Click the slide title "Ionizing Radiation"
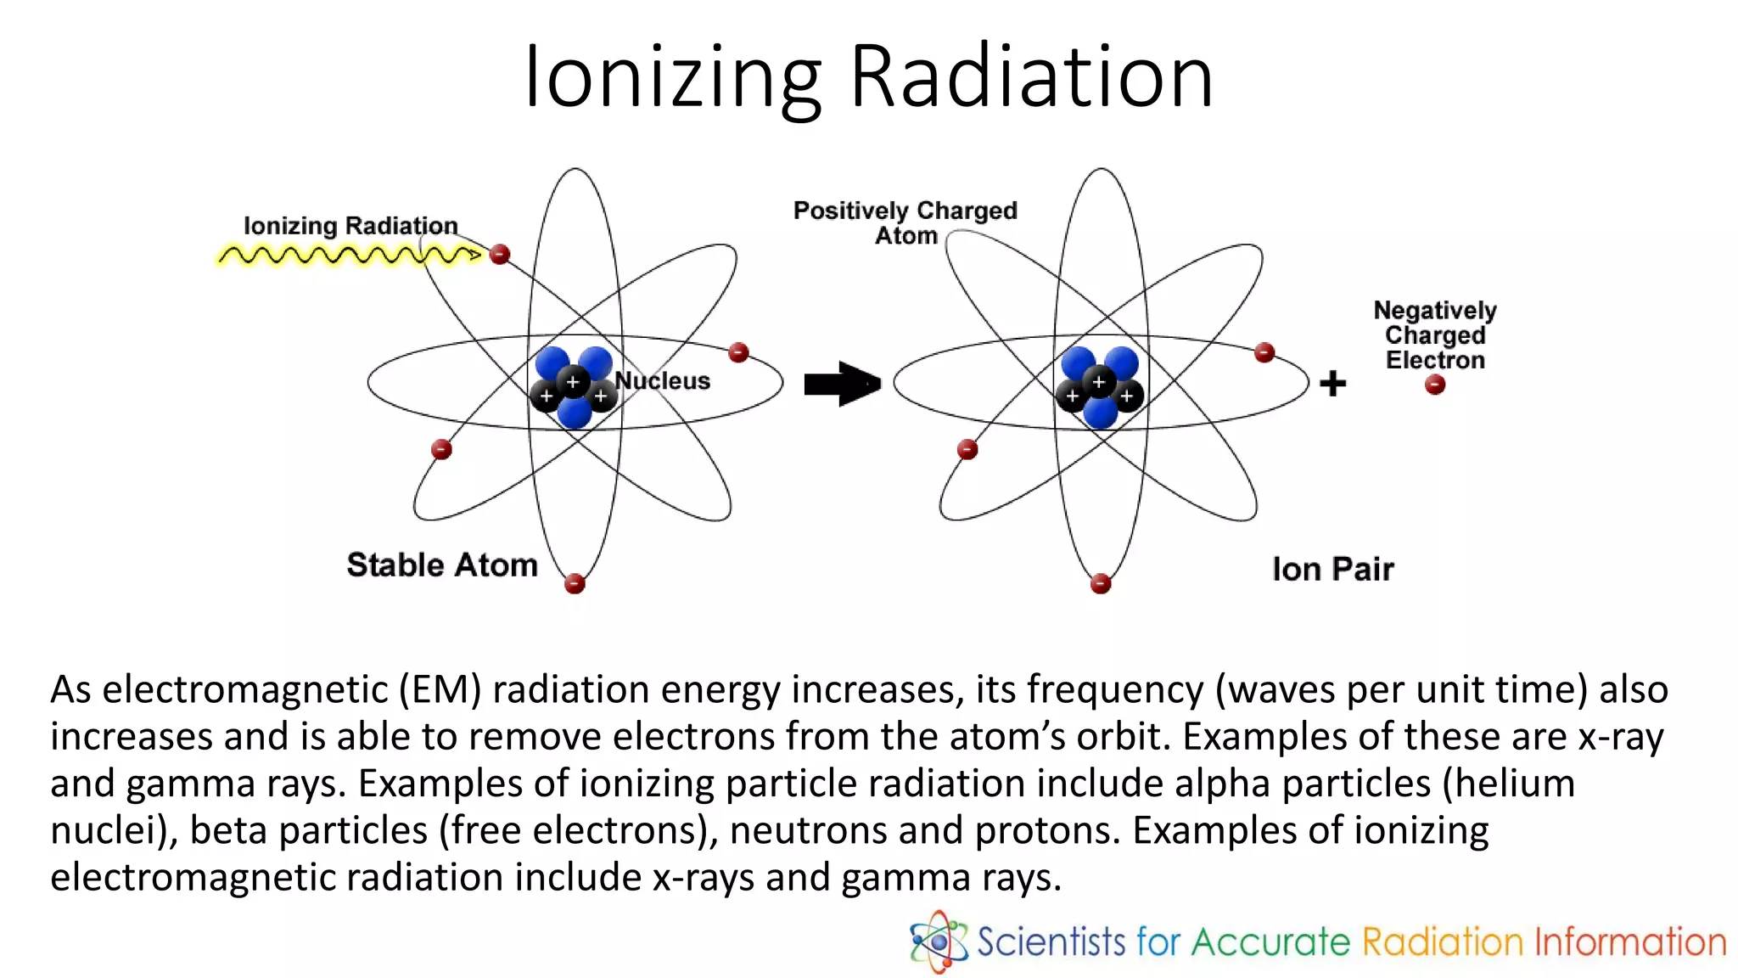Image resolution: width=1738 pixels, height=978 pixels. coord(869,78)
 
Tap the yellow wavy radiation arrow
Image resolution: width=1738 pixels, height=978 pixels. coord(348,255)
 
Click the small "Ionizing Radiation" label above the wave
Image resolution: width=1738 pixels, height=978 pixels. coord(350,226)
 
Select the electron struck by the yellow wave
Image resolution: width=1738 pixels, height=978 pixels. coord(500,254)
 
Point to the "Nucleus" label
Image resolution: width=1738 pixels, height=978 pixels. coord(663,381)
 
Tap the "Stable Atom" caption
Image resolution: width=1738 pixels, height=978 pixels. coord(442,565)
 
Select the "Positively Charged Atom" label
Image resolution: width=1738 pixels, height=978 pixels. coord(905,222)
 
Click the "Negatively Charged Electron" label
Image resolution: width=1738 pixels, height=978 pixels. coord(1435,334)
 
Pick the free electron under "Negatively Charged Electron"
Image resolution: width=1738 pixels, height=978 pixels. coord(1435,385)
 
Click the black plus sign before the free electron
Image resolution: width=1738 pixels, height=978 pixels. coord(1332,384)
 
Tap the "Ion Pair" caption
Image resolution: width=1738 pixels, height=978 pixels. coord(1332,569)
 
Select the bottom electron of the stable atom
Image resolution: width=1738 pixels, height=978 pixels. coord(575,583)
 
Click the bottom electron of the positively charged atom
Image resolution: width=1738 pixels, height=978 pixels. coord(1101,583)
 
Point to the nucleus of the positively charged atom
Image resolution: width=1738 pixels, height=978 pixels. coord(1101,386)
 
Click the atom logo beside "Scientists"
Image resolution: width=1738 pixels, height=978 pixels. coord(939,941)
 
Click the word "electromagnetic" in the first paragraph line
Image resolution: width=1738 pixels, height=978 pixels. coord(224,689)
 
